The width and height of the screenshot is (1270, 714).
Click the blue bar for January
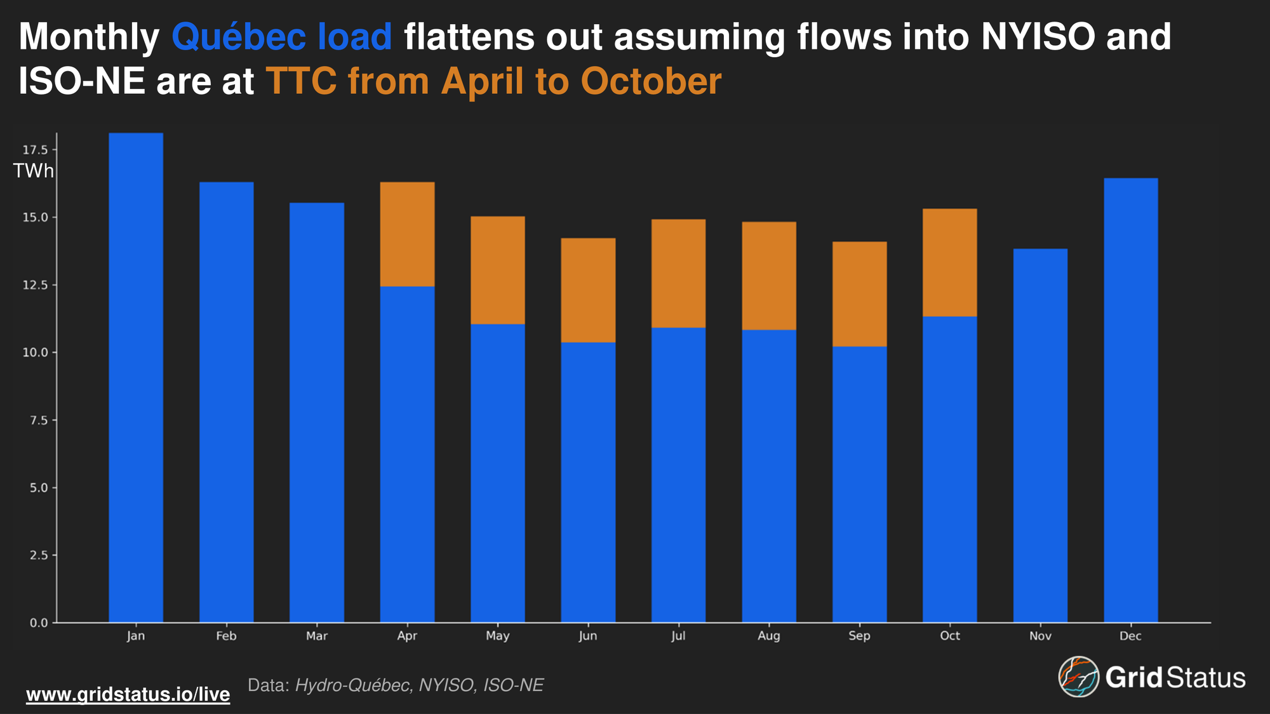tap(136, 378)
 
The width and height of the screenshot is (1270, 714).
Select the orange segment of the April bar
tap(407, 234)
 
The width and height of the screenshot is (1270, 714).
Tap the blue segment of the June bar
tap(588, 482)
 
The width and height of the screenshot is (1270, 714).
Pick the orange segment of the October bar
tap(949, 262)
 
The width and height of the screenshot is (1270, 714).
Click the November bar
tap(1040, 435)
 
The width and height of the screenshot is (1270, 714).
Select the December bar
tap(1130, 400)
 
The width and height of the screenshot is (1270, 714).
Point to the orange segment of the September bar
tap(859, 294)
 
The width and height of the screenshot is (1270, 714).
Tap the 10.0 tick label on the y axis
tap(36, 352)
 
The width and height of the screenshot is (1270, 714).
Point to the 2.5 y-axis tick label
tap(39, 555)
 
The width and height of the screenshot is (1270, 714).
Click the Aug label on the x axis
tap(768, 636)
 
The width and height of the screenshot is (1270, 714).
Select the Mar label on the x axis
tap(317, 636)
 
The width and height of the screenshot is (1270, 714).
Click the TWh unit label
tap(33, 171)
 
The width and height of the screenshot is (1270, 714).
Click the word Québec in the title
tap(239, 37)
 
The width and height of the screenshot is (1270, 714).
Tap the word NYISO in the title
tap(1038, 37)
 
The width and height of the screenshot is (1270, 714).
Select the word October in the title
tap(651, 82)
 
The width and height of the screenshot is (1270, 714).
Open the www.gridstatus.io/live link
tap(128, 694)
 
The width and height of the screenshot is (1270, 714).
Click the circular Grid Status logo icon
tap(1078, 677)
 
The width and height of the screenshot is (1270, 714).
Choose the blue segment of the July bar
tap(678, 475)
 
